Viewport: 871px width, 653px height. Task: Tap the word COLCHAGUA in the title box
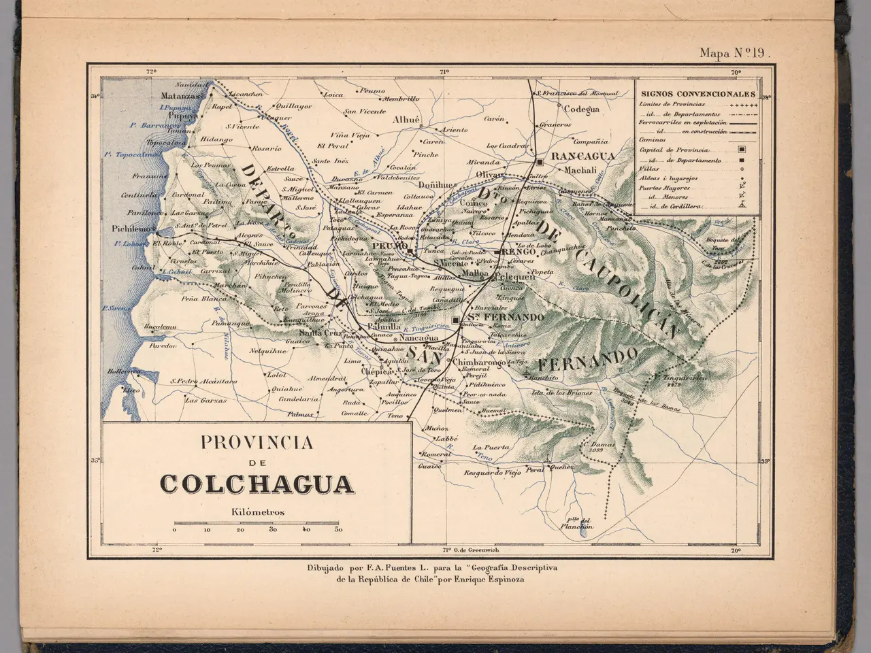(x=257, y=484)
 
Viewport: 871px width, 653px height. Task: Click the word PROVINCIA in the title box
(x=257, y=443)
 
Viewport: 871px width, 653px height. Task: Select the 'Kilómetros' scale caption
(x=257, y=512)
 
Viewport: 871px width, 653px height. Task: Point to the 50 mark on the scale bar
(x=338, y=529)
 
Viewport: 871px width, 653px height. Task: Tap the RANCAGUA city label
(x=582, y=156)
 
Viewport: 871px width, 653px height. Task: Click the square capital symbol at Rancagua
(x=539, y=163)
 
